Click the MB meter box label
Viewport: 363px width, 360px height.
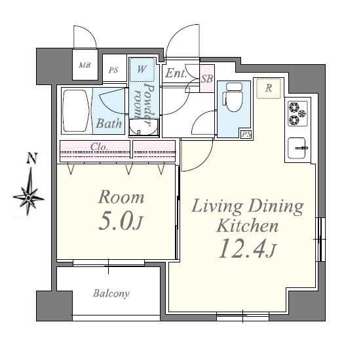click(x=85, y=65)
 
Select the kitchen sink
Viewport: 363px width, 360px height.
click(x=297, y=148)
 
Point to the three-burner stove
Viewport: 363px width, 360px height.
click(x=297, y=113)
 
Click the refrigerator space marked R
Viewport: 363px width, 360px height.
click(x=269, y=88)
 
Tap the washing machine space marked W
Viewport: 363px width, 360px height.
click(x=142, y=69)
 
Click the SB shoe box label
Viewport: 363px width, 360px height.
click(x=207, y=79)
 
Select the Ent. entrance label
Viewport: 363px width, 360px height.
click(x=176, y=73)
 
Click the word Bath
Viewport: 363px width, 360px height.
click(x=109, y=124)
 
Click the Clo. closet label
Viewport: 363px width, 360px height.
click(x=99, y=147)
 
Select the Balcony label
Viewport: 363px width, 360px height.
click(x=111, y=294)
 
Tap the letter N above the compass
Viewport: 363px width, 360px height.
click(x=32, y=158)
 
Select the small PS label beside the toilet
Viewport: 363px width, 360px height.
click(x=246, y=134)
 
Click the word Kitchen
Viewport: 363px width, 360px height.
click(x=247, y=225)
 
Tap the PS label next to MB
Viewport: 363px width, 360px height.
click(x=113, y=70)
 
